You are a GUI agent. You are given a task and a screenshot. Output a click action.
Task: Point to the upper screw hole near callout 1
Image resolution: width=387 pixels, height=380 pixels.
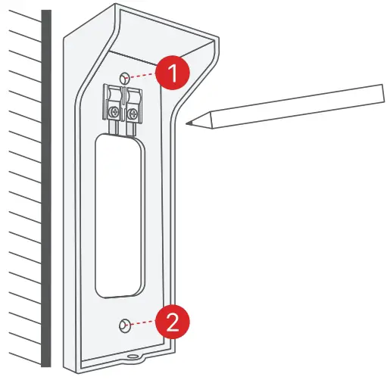125,76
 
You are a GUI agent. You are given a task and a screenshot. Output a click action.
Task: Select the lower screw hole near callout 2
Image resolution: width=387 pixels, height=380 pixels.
123,325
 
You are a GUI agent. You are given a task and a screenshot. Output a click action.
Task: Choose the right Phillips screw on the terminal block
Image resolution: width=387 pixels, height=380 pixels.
134,114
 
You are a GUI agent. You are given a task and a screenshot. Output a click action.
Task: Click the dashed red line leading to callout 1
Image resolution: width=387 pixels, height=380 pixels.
144,76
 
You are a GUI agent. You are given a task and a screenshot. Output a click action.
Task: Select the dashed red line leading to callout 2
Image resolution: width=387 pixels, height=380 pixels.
144,324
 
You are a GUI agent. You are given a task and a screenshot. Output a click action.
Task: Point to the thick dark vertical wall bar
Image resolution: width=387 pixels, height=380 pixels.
47,189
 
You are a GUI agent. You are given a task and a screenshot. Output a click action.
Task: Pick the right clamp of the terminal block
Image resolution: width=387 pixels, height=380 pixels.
133,98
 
